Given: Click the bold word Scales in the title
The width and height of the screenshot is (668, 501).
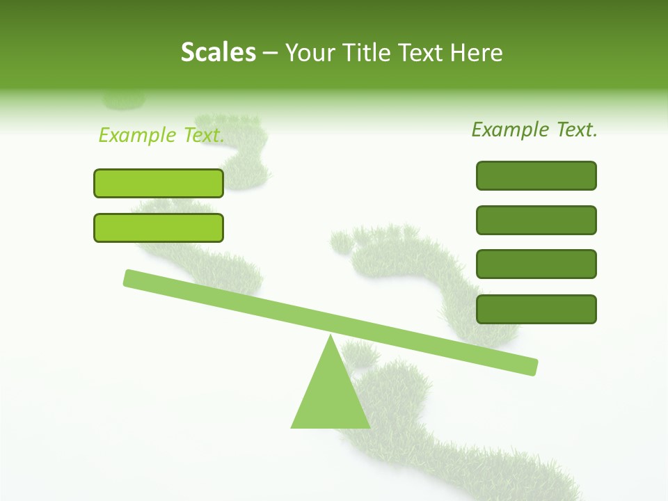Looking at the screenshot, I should [218, 52].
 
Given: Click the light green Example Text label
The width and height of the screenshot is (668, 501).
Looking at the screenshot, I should [161, 135].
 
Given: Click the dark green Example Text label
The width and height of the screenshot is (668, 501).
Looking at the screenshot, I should [534, 129].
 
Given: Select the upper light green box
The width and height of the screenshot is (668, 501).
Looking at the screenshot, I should [159, 183].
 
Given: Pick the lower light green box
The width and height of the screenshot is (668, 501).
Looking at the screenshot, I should [159, 228].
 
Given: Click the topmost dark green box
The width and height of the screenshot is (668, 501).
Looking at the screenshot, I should [536, 175].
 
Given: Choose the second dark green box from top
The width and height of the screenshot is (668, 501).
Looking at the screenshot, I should [536, 220].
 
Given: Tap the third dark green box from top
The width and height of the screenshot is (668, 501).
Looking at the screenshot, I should [536, 264].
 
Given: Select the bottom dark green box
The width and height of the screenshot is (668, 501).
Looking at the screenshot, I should [536, 309].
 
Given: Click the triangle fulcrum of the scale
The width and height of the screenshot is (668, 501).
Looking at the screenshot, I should [331, 397].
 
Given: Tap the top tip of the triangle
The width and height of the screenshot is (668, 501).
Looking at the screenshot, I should [331, 336].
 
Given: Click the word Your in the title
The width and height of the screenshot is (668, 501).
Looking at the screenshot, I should [311, 52].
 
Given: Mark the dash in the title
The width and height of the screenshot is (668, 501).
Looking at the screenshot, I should [271, 53].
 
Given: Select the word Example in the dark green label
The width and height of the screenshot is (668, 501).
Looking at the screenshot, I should [511, 129].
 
